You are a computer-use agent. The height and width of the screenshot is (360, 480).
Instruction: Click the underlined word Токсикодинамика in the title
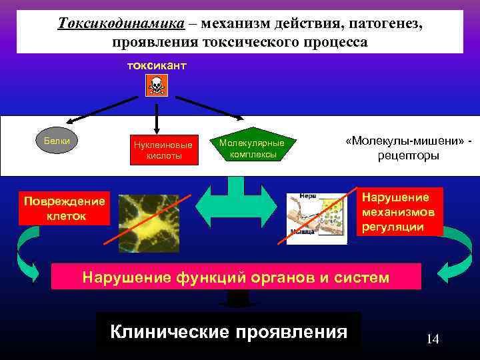pos(121,23)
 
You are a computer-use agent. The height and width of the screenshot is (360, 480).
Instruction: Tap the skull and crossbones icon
pos(157,85)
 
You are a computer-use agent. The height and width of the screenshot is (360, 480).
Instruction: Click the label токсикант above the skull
pos(157,66)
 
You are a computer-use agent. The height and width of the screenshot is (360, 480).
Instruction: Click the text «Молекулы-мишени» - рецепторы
pos(409,149)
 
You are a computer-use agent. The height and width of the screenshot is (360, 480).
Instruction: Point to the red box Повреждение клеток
pos(64,209)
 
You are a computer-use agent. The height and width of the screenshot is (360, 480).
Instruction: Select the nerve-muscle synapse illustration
pos(317,218)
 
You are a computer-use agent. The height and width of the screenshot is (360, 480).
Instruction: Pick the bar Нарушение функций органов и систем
pos(236,277)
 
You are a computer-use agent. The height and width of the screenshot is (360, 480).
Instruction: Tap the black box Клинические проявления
pos(229,331)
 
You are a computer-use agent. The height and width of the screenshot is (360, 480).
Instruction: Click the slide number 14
pos(433,339)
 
